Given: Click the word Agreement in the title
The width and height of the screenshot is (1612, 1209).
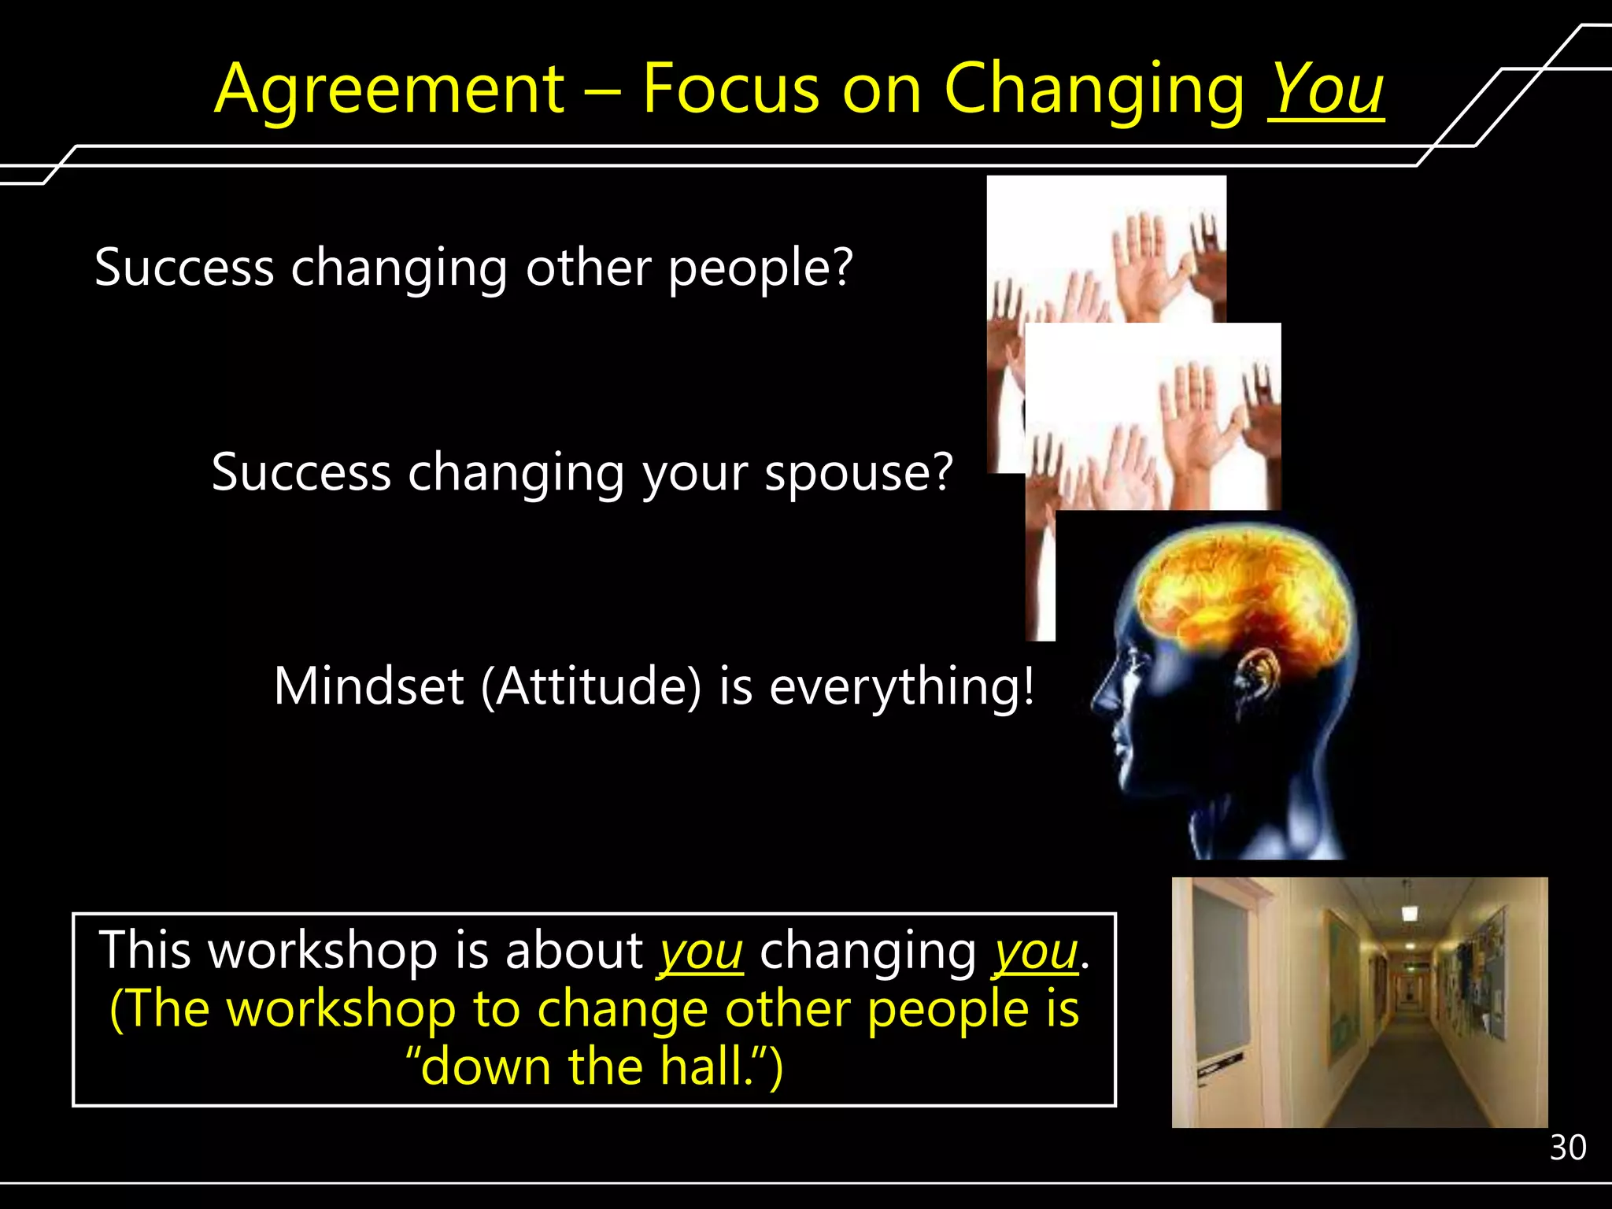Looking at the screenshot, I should [390, 89].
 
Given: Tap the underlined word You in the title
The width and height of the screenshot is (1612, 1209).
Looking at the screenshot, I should [1326, 89].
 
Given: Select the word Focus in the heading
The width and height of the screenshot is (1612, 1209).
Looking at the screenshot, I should [731, 89].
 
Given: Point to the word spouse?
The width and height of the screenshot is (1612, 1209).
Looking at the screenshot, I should [860, 473].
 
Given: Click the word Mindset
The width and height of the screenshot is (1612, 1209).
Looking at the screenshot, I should [368, 686].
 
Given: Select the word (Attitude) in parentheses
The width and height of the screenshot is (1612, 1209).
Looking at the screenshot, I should [590, 686].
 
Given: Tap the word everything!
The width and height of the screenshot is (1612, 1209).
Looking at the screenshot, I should [902, 687].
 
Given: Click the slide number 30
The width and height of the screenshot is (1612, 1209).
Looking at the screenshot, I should [1567, 1148].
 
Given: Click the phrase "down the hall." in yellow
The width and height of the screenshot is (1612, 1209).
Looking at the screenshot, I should [594, 1067].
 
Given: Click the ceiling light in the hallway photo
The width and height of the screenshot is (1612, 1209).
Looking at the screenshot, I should [1410, 913].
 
